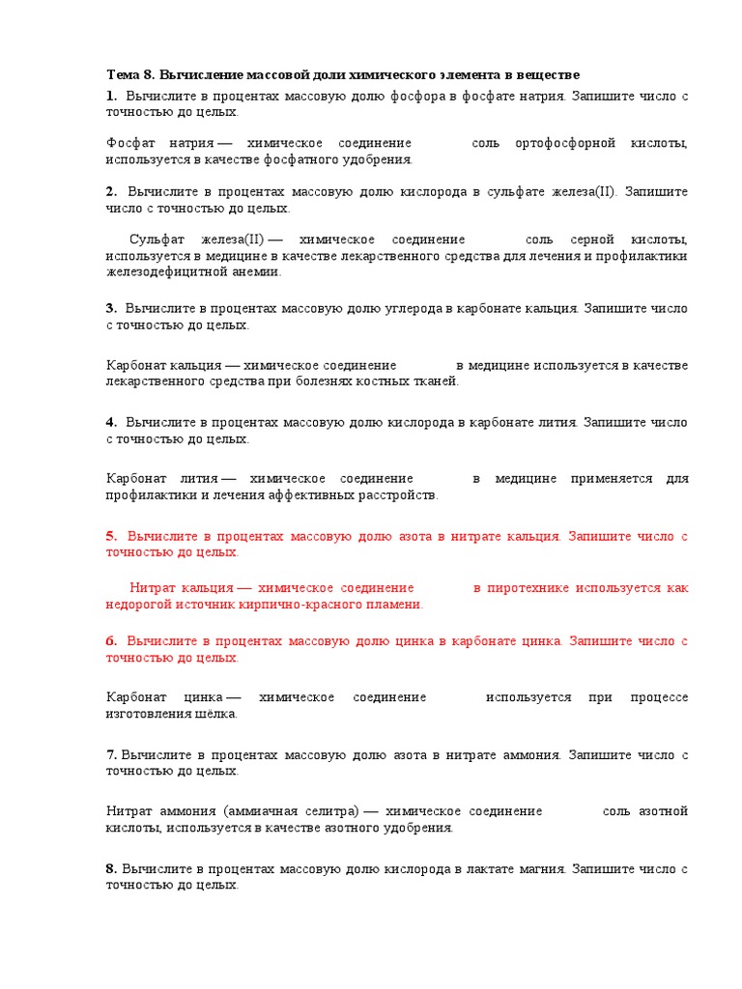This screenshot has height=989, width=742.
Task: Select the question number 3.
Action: click(x=110, y=309)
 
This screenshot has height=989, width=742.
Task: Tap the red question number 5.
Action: click(x=111, y=536)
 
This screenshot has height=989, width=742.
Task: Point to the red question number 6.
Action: click(x=111, y=640)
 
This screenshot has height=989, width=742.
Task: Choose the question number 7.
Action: click(x=111, y=754)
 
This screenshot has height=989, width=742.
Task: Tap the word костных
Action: click(x=353, y=381)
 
